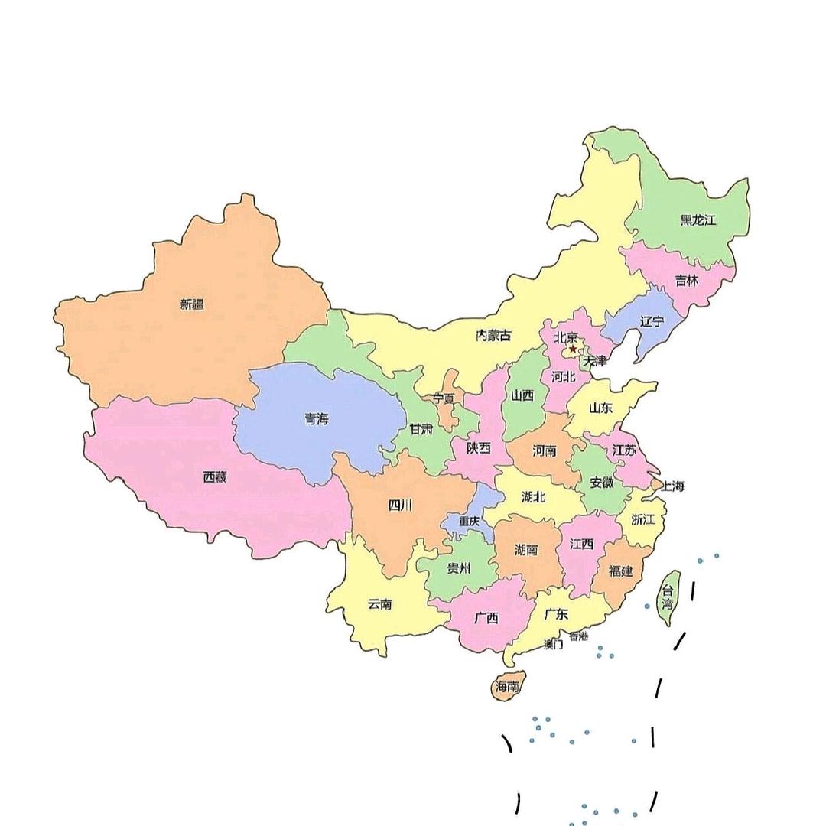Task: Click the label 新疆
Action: (192, 304)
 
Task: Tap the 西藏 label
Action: (215, 476)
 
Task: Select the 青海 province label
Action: (316, 418)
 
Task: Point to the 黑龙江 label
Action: (698, 220)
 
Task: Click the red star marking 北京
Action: (573, 350)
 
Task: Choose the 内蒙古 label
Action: (493, 335)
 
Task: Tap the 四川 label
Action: (399, 504)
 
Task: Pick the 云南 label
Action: (379, 603)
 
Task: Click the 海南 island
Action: (507, 686)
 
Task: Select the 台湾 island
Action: (668, 597)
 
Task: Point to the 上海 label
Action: (672, 486)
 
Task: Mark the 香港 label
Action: (578, 636)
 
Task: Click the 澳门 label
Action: (553, 645)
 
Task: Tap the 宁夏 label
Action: (444, 398)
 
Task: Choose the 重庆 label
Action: (469, 521)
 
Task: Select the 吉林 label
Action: (687, 280)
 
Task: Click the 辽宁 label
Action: (652, 321)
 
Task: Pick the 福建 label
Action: (620, 571)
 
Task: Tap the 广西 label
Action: (486, 617)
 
